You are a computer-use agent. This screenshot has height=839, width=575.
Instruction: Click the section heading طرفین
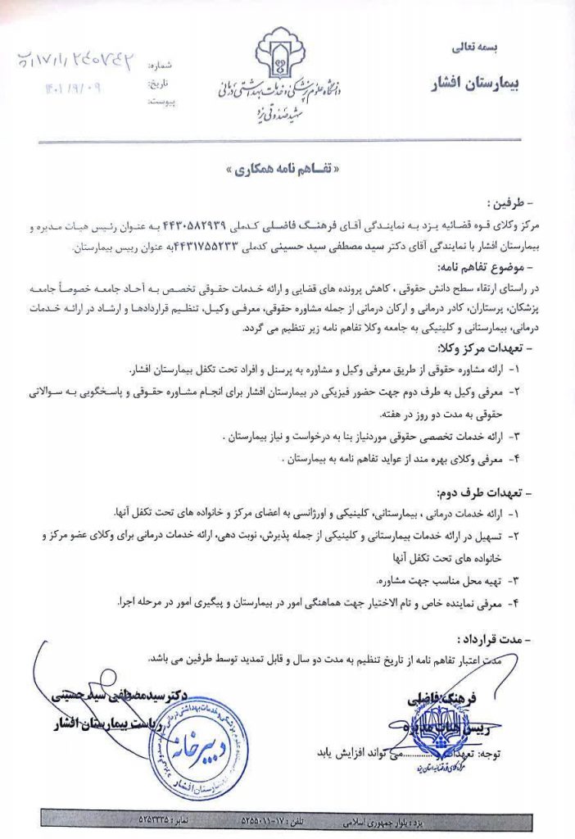point(510,202)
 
